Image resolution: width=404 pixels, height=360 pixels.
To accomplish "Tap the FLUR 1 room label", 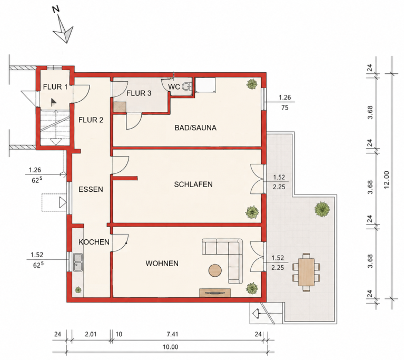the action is tap(55, 87).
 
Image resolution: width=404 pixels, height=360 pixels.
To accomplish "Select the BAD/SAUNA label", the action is tap(195, 128).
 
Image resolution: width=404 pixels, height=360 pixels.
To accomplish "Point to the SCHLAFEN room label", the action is tap(193, 184).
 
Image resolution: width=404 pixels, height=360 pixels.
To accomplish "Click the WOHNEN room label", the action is tap(162, 264).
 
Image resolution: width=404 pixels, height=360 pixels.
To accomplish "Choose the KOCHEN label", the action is tap(94, 242).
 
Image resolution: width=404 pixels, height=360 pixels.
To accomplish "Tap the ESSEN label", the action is tap(91, 189).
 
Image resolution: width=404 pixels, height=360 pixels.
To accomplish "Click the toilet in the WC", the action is tap(187, 86).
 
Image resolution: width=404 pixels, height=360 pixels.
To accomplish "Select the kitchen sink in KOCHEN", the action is tap(78, 262).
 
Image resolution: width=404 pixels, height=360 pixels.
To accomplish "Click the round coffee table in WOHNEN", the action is tap(215, 270).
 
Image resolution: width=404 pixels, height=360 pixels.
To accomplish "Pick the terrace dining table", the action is tap(307, 272).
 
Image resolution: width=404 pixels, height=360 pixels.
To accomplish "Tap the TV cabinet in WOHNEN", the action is tap(215, 293).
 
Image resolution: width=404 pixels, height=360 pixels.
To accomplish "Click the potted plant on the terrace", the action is tap(322, 209).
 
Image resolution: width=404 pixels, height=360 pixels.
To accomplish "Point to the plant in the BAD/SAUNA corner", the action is tap(252, 84).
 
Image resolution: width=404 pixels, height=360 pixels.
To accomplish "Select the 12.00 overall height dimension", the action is tap(386, 180).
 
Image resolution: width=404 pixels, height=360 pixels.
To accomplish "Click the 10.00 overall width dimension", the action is tap(171, 347).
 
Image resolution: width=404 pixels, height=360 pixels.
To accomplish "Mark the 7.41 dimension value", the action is tap(172, 334).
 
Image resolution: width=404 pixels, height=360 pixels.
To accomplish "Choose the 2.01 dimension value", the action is tap(91, 334).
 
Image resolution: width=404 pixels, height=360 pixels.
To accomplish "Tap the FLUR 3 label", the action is tap(139, 93).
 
